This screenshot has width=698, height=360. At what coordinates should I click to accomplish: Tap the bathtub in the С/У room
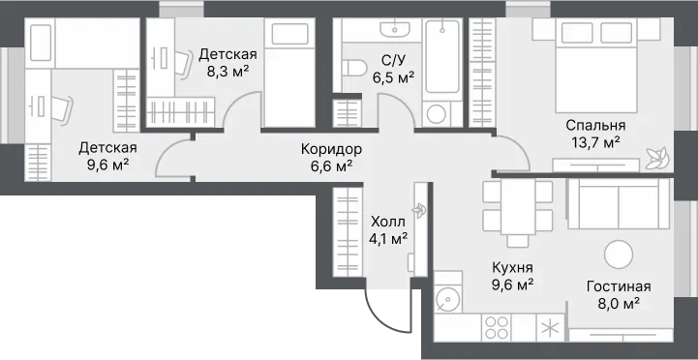click(441, 56)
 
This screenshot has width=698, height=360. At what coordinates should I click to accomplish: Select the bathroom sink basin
click(394, 29)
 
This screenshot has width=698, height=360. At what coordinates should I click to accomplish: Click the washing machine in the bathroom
click(437, 114)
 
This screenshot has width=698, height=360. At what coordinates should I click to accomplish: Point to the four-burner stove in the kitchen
click(497, 327)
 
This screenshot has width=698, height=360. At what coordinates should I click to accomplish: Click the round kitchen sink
click(445, 298)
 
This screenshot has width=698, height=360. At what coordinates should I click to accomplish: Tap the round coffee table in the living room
click(619, 255)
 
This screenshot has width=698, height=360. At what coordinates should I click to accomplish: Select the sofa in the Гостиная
click(619, 204)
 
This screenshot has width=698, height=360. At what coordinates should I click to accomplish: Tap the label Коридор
click(332, 149)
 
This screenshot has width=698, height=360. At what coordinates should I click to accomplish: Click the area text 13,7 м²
click(595, 142)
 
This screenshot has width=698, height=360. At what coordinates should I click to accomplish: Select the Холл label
click(388, 222)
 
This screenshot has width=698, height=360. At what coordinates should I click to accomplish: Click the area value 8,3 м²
click(228, 72)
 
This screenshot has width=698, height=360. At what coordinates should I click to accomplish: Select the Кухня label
click(513, 268)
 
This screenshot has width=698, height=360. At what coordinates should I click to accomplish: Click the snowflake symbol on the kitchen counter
click(551, 327)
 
